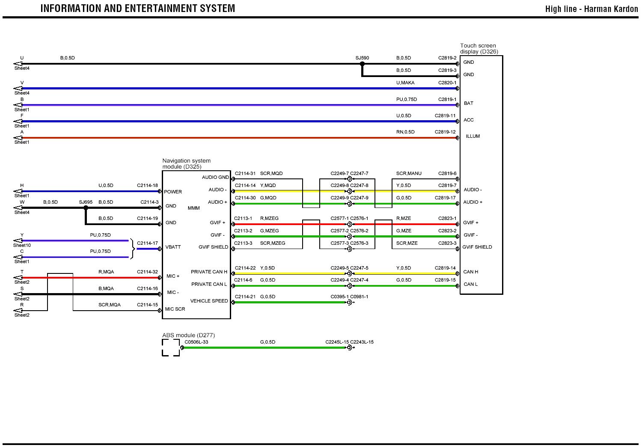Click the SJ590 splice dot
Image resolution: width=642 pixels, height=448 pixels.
(362, 64)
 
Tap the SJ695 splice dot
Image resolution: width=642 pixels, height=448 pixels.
(86, 208)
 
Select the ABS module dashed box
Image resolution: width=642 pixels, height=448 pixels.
(171, 347)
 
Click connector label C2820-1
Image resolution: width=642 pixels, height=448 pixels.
(447, 83)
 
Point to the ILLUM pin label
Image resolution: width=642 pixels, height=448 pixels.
(473, 136)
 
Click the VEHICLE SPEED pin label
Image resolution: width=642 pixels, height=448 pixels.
(209, 301)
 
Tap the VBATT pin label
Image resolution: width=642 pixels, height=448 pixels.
(173, 247)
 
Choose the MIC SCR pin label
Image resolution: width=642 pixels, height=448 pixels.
(175, 309)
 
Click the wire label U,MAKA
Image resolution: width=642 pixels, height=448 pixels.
(405, 83)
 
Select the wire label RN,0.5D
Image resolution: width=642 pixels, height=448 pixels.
(405, 132)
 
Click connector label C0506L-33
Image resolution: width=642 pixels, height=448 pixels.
(196, 342)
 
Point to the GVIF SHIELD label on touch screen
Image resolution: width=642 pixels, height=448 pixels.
(477, 247)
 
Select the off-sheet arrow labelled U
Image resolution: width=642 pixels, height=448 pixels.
(18, 64)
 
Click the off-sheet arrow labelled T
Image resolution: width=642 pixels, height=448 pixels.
(18, 278)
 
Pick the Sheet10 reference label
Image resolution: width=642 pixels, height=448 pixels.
(22, 245)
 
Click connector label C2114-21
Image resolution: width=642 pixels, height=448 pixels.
(245, 297)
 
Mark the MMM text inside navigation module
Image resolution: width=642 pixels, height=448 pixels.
(193, 208)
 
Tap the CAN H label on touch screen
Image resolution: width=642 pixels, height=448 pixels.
(470, 272)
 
